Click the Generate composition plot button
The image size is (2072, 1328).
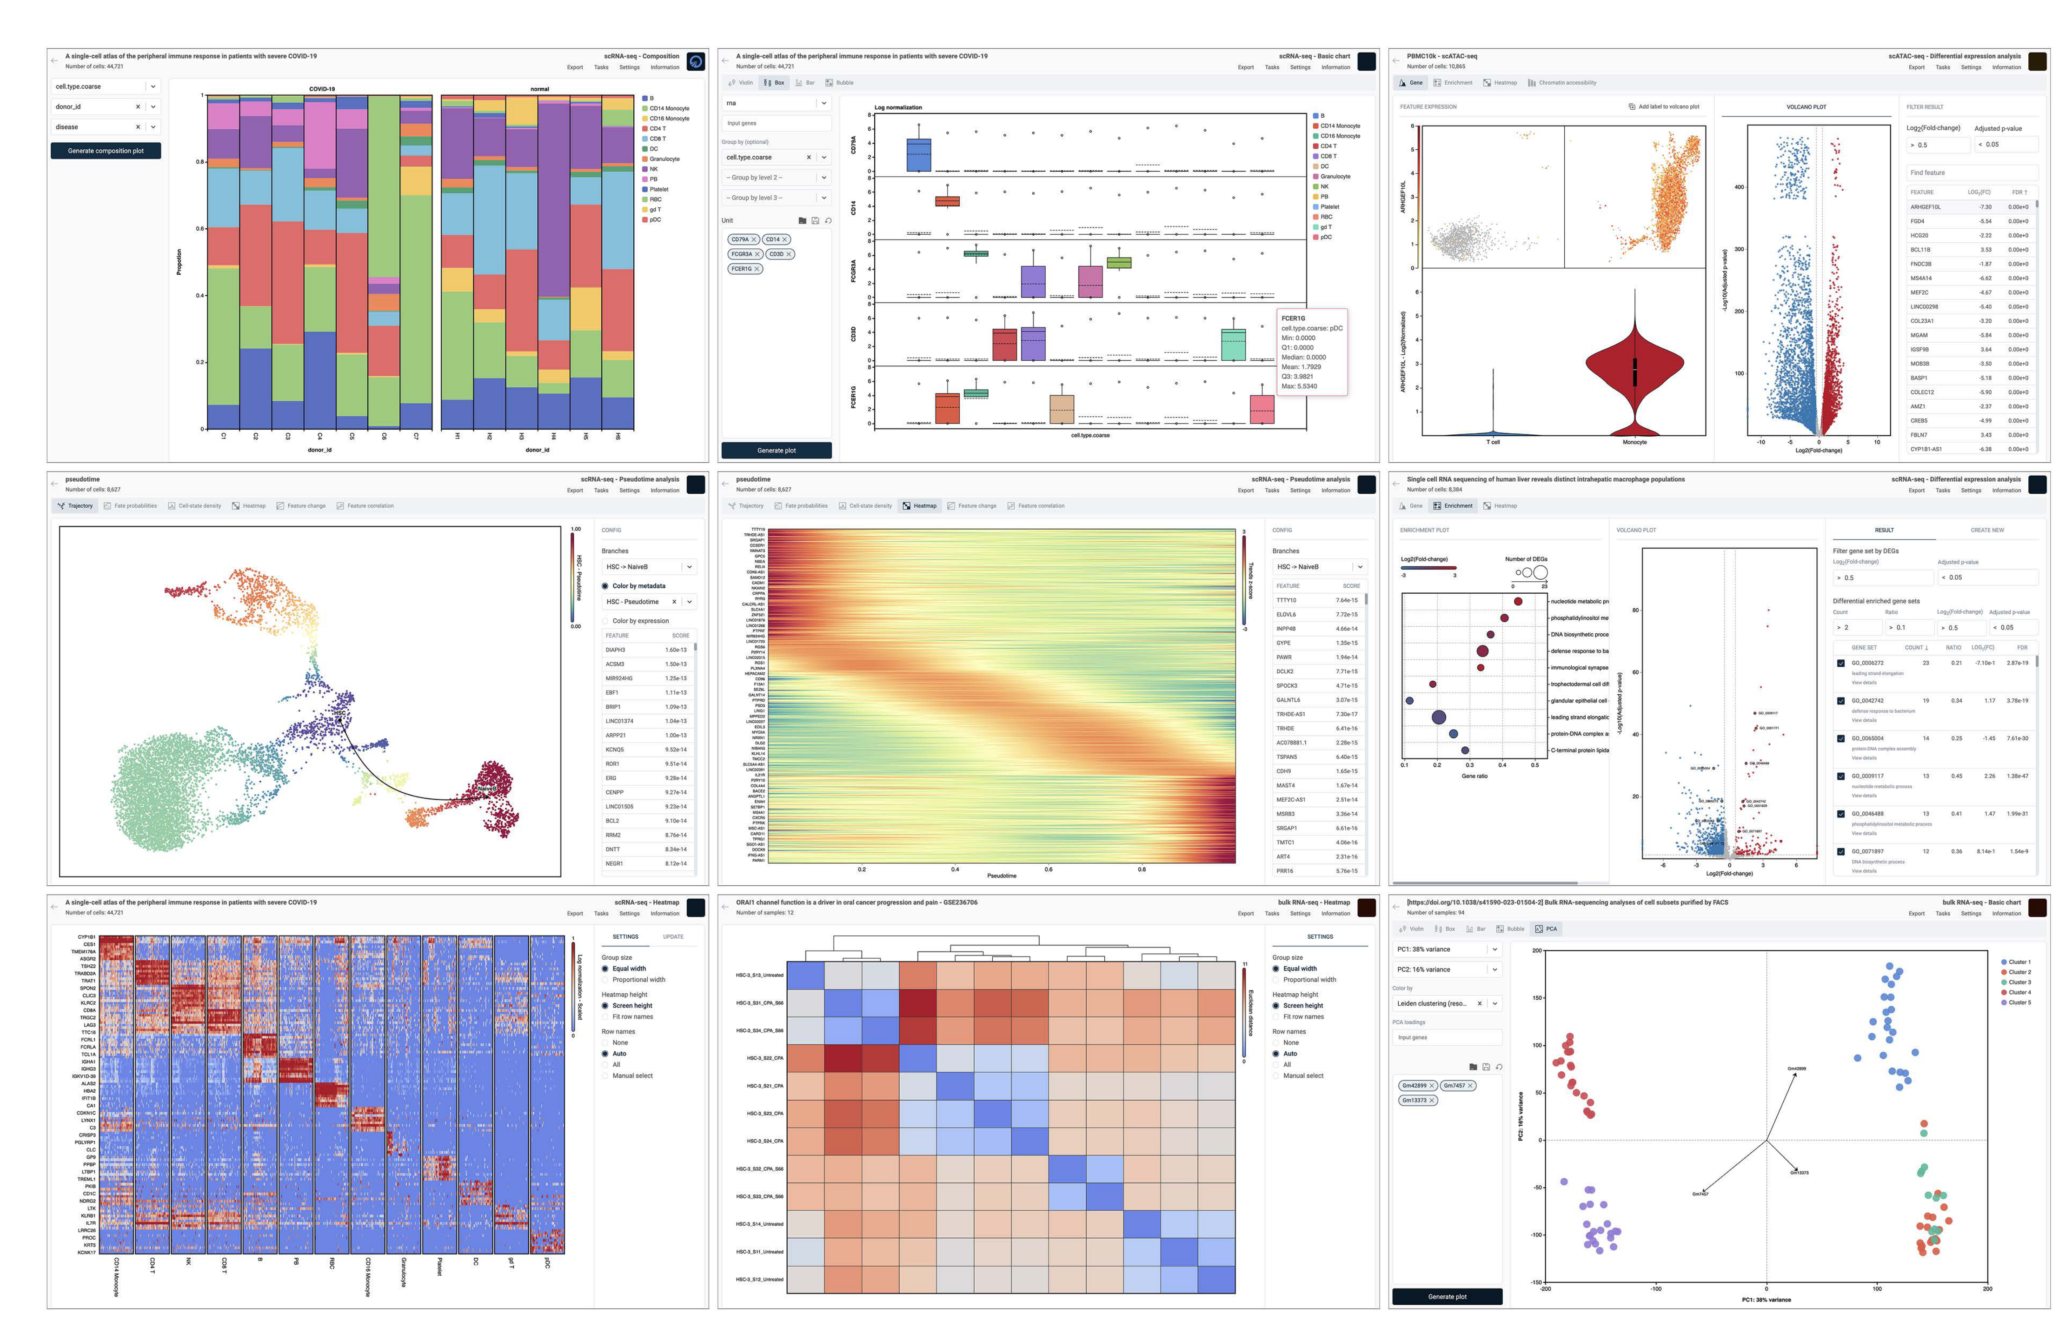coord(105,151)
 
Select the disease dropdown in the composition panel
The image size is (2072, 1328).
coord(95,127)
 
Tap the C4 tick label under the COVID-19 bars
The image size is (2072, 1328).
coord(320,436)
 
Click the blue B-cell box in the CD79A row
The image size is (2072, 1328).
coord(918,155)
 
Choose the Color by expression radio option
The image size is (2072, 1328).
coord(640,621)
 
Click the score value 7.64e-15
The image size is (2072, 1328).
coord(1346,600)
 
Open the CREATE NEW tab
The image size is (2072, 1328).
coord(1986,531)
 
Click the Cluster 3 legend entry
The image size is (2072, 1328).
coord(2019,982)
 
